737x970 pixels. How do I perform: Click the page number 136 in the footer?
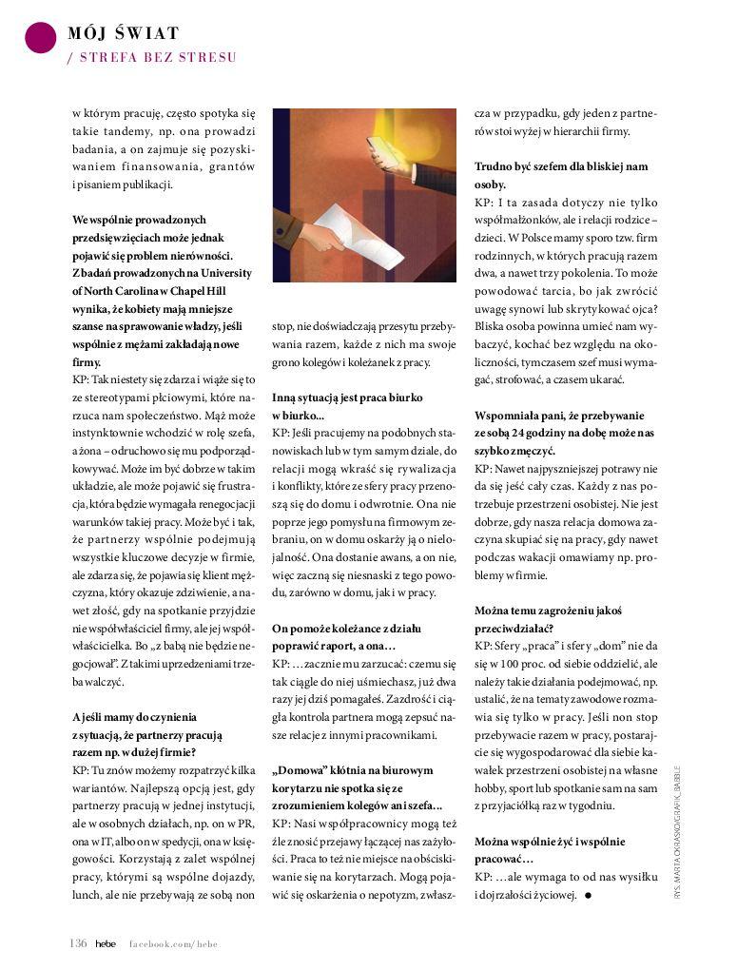(78, 942)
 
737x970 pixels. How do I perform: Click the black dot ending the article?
(589, 895)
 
